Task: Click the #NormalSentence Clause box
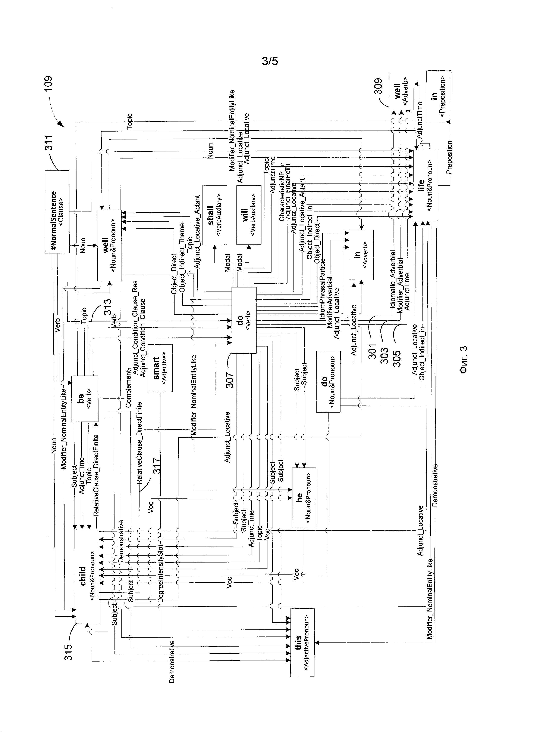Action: (57, 212)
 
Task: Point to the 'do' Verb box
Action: (244, 320)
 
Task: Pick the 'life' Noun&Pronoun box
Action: (425, 185)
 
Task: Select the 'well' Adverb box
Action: (401, 91)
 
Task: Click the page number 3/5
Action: (270, 61)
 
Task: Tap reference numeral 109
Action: (48, 85)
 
